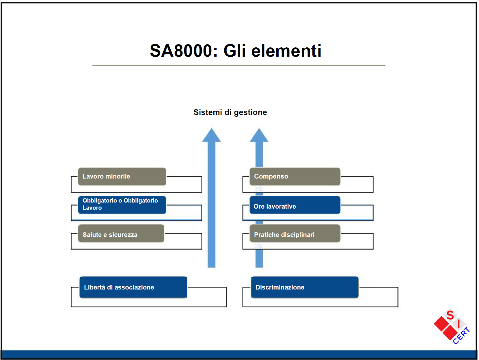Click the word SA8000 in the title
pos(181,51)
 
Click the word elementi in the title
pos(286,51)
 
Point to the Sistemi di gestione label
pos(230,112)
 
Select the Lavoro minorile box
pos(122,177)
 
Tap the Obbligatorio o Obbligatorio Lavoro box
pos(122,205)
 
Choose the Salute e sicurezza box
pos(121,233)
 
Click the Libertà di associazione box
pos(133,287)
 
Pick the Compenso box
pos(295,177)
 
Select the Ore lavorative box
pos(295,205)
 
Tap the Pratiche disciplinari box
pos(295,233)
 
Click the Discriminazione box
pos(305,287)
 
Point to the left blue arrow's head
pos(211,136)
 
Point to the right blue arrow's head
pos(259,136)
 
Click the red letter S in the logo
pos(450,315)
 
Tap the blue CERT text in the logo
pos(461,335)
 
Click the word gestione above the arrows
pos(250,112)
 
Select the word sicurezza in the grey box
pos(123,235)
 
